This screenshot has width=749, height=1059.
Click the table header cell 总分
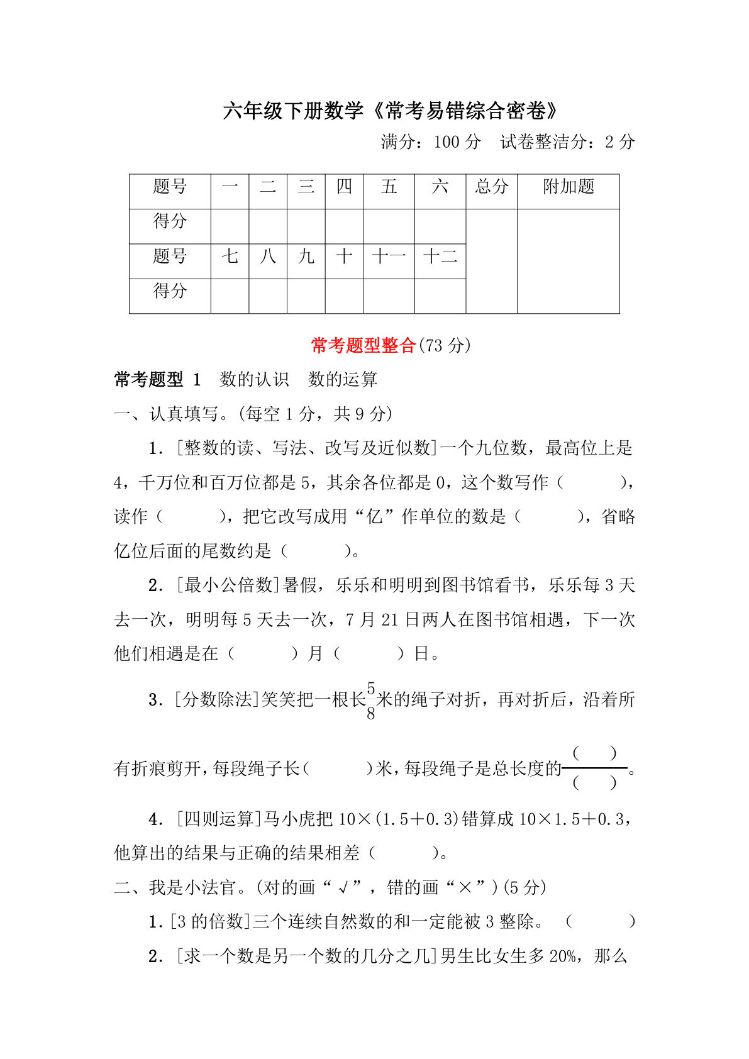(491, 187)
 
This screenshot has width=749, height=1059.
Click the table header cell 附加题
(568, 187)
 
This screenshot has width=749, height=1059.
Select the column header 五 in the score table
(389, 187)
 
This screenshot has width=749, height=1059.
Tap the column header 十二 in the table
(440, 257)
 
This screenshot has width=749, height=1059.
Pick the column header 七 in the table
(230, 257)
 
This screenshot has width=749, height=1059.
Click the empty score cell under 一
(230, 226)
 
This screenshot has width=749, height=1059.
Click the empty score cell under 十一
(389, 296)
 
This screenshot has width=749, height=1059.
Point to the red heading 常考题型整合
(363, 345)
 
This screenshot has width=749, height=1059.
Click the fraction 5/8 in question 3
(371, 701)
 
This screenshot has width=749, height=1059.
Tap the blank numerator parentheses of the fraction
(594, 753)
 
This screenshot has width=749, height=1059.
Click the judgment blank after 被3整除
(601, 922)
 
